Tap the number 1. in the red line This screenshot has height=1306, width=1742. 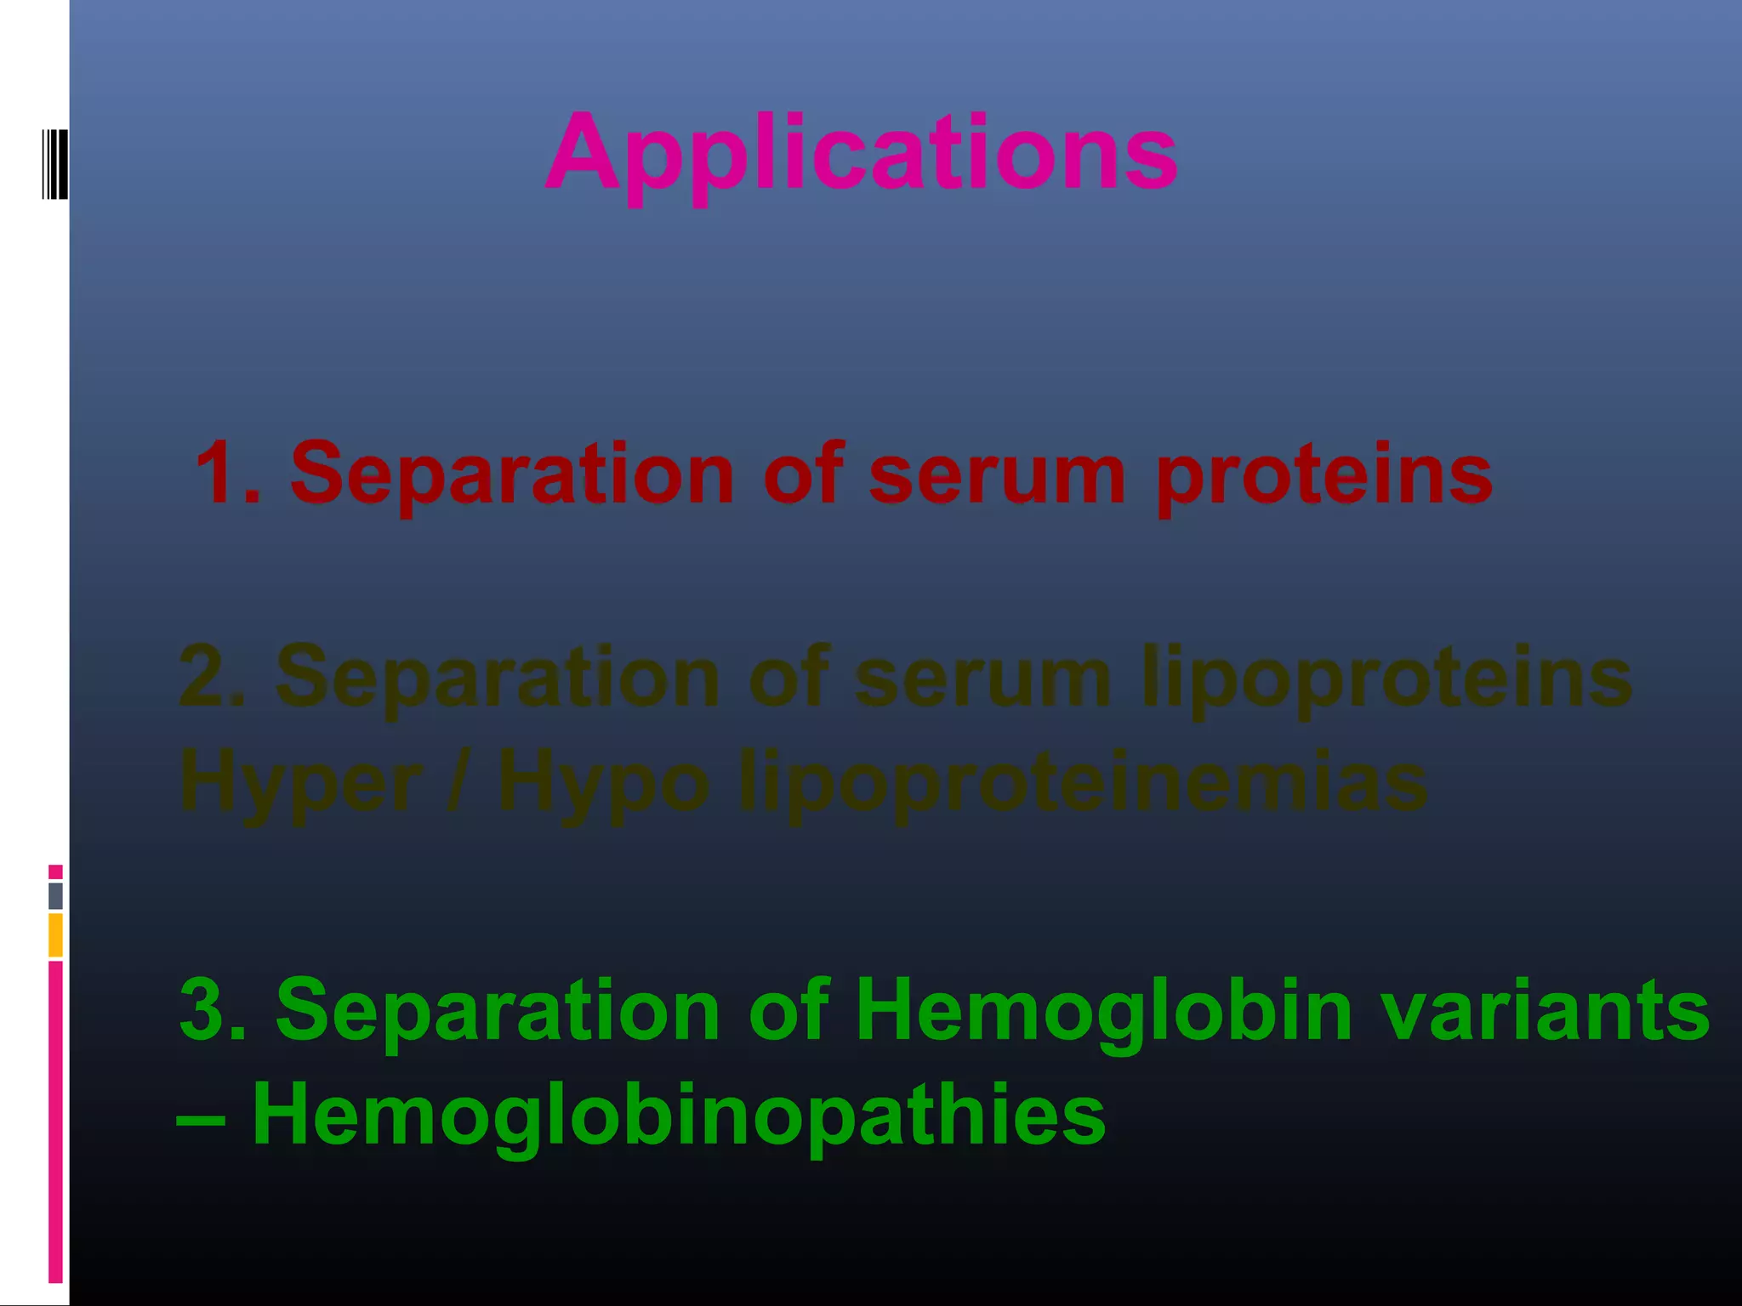227,473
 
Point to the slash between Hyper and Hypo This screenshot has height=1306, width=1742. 458,782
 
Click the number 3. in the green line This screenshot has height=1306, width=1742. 213,1009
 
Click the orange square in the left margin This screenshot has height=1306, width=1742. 55,935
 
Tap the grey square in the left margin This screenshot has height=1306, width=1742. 55,896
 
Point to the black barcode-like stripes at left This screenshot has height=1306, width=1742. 54,164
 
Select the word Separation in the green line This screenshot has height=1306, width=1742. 498,1010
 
